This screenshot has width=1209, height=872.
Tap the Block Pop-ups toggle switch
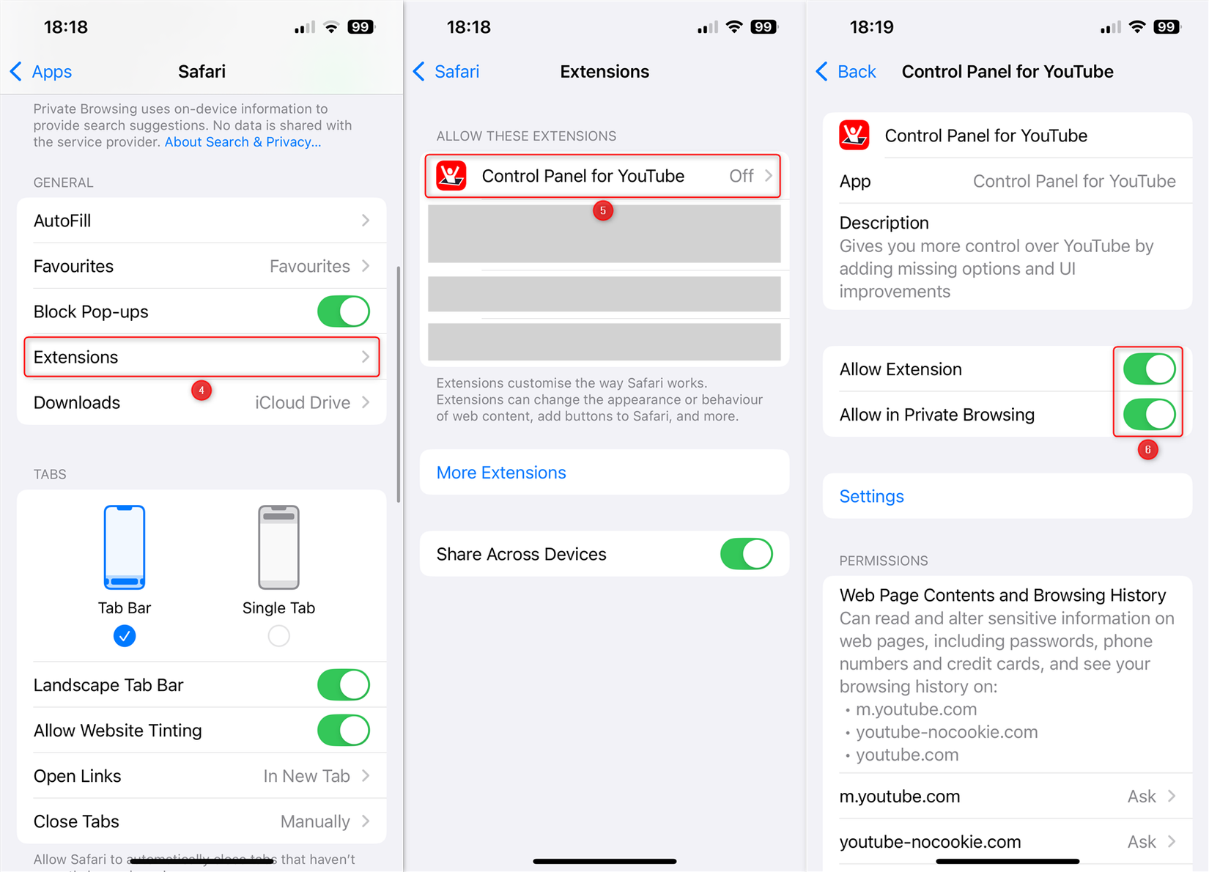click(x=343, y=311)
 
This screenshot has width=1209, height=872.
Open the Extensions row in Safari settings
click(x=202, y=357)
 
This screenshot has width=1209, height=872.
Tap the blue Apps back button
click(x=41, y=71)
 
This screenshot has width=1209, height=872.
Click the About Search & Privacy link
click(x=243, y=142)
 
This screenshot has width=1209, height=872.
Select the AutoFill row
click(x=202, y=220)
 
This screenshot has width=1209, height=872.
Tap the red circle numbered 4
click(x=202, y=390)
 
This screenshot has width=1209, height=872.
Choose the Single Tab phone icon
click(x=278, y=547)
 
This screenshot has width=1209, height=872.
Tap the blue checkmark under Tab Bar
click(x=125, y=635)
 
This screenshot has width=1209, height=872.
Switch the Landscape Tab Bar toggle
click(x=343, y=684)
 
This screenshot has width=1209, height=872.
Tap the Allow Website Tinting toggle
click(x=343, y=730)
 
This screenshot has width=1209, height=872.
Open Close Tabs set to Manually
click(x=202, y=821)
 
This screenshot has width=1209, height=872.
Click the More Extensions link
click(x=501, y=472)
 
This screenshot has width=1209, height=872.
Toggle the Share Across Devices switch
click(x=747, y=554)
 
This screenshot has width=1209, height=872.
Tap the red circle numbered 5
click(x=603, y=210)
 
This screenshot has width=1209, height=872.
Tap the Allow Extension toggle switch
click(x=1149, y=369)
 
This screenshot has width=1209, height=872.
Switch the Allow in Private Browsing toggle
click(x=1149, y=415)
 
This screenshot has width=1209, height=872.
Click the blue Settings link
click(x=872, y=496)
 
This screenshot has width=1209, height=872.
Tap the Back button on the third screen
click(x=846, y=71)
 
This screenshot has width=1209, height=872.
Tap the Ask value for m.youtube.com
click(x=1142, y=796)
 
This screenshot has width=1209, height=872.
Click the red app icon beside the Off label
click(x=451, y=176)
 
